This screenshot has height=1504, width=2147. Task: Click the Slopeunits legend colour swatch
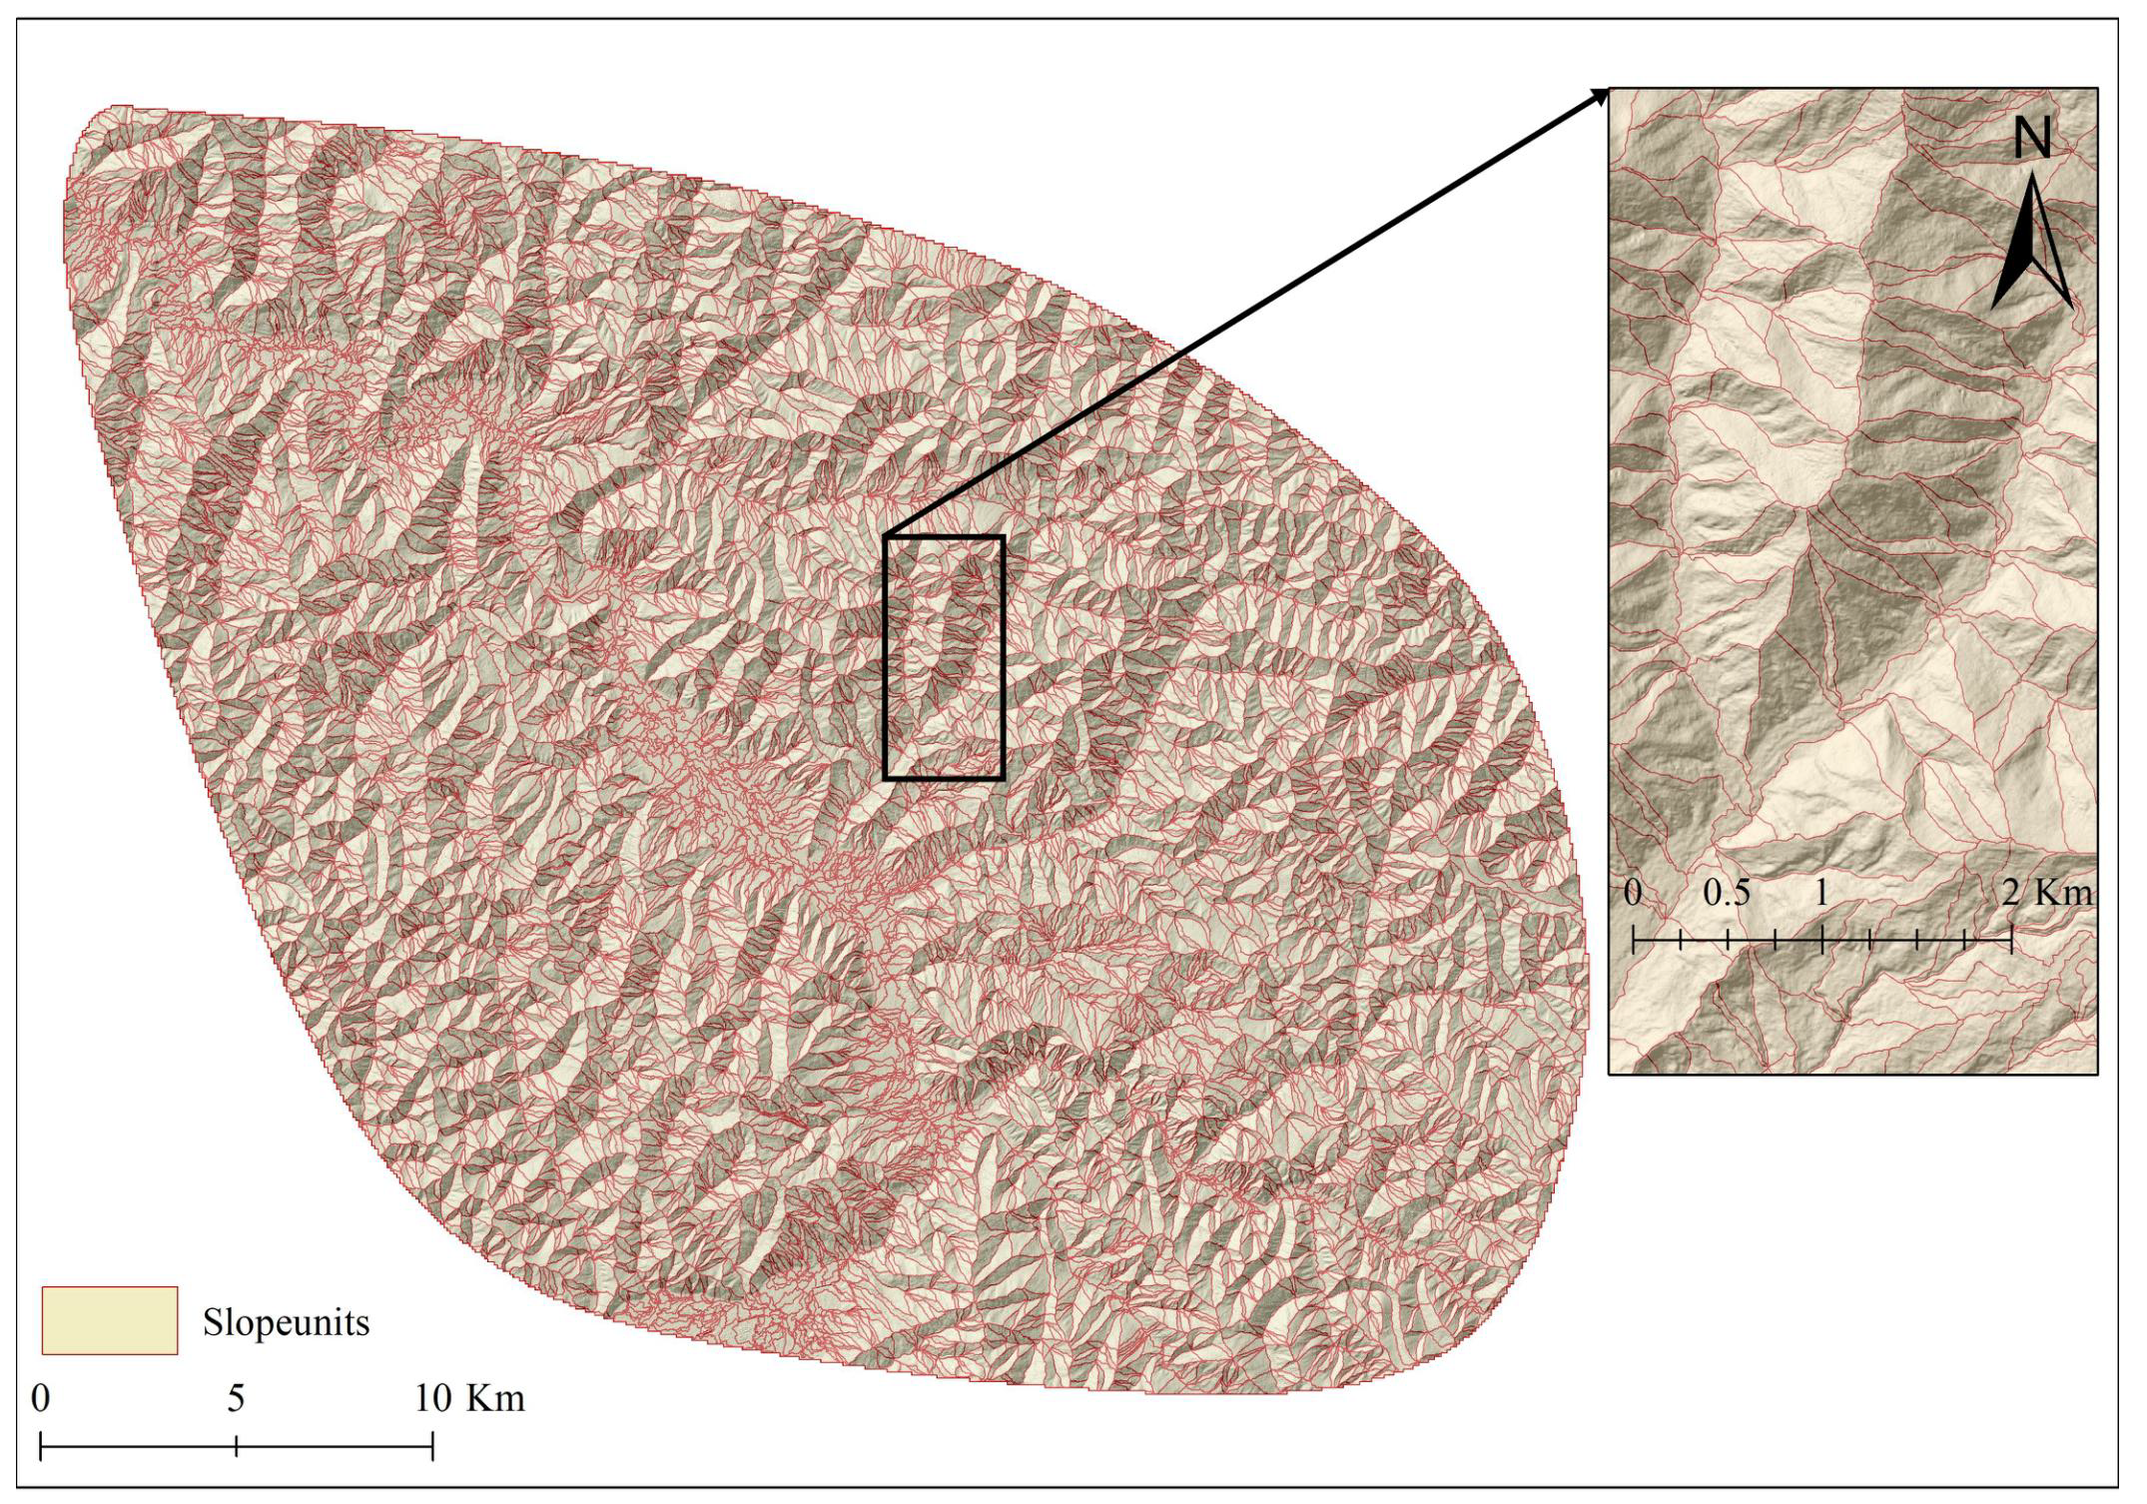tap(110, 1320)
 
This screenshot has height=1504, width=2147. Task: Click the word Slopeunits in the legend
tap(286, 1322)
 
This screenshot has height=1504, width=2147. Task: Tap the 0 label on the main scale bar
tap(40, 1398)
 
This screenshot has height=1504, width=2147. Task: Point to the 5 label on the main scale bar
tap(236, 1398)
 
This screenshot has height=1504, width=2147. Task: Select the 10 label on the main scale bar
tap(433, 1398)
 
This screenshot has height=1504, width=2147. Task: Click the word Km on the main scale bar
tap(498, 1398)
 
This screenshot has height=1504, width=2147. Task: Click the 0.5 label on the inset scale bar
tap(1727, 892)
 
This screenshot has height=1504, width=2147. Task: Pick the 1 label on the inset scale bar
tap(1821, 892)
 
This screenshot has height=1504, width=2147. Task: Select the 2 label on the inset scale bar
tap(2010, 892)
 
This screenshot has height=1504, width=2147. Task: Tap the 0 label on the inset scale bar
tap(1633, 892)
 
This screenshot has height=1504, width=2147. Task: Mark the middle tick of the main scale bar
tap(237, 1446)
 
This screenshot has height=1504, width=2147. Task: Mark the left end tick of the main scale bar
tap(41, 1446)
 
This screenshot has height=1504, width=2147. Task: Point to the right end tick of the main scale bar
tap(432, 1446)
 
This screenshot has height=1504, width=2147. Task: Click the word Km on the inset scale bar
tap(2063, 892)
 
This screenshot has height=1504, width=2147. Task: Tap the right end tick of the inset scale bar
tap(2011, 940)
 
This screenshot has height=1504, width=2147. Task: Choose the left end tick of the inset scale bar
tap(1633, 940)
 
